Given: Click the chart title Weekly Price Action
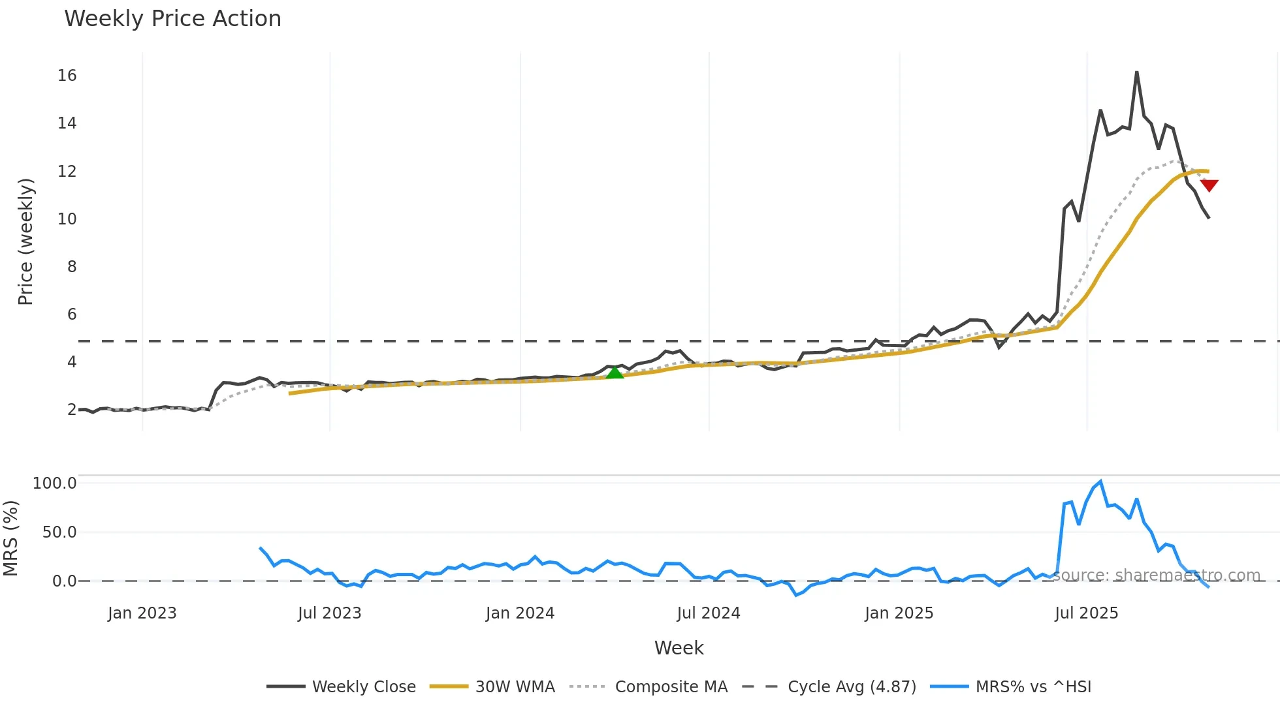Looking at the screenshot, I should click(x=172, y=19).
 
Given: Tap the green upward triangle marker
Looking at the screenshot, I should click(x=615, y=373).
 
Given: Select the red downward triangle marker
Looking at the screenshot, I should click(x=1209, y=185).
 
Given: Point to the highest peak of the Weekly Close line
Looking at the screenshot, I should click(x=1136, y=72).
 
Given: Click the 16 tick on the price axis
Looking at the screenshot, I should click(x=67, y=76).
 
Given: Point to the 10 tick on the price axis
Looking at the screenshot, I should click(x=67, y=219).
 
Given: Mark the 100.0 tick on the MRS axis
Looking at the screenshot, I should click(x=55, y=483).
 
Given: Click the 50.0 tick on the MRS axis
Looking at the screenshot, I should click(x=59, y=532).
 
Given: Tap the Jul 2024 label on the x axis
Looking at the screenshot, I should click(x=709, y=613).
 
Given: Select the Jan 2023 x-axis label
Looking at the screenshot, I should click(x=142, y=613).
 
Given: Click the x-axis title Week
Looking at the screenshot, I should click(x=679, y=648).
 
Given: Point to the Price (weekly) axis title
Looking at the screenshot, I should click(x=25, y=241).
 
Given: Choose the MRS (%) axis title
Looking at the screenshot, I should click(x=10, y=538).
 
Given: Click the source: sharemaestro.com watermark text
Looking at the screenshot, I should click(x=1156, y=575).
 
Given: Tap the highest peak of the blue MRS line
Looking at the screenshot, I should click(x=1100, y=482).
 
